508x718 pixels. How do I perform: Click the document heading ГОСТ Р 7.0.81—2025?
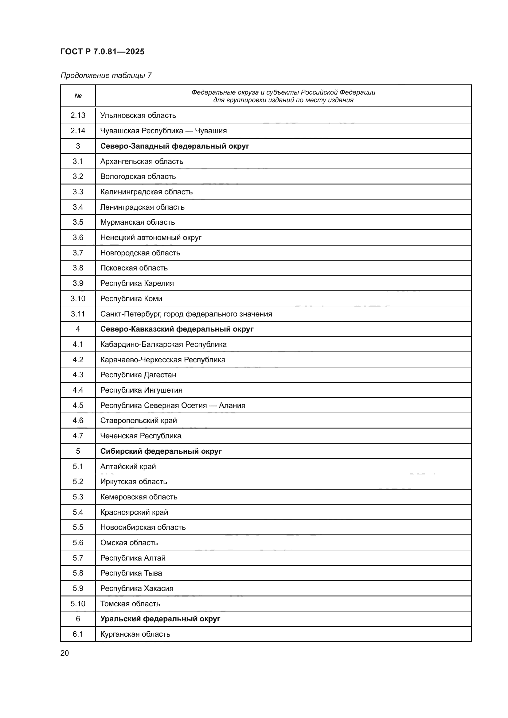tap(102, 52)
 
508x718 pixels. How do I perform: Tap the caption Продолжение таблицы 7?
tap(106, 76)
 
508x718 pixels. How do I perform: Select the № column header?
tap(78, 96)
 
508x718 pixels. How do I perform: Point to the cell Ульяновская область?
tap(138, 115)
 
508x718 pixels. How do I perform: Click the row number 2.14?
tap(78, 131)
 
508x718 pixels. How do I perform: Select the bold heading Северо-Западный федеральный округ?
tap(174, 146)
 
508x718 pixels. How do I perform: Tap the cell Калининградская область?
tap(147, 192)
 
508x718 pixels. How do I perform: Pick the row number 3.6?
tap(78, 238)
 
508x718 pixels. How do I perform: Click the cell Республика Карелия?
tap(137, 283)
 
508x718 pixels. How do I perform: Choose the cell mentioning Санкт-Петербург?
tap(186, 314)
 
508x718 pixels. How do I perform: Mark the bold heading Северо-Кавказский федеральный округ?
tap(177, 329)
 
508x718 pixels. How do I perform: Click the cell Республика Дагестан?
tap(138, 375)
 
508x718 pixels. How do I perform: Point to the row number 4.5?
tap(78, 405)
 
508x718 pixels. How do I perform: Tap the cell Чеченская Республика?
tap(141, 436)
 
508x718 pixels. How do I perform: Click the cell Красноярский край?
tap(134, 512)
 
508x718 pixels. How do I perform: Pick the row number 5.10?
tap(78, 604)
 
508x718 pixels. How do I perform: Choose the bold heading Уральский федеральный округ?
tap(160, 619)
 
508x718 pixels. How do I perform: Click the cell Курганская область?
tap(135, 634)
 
